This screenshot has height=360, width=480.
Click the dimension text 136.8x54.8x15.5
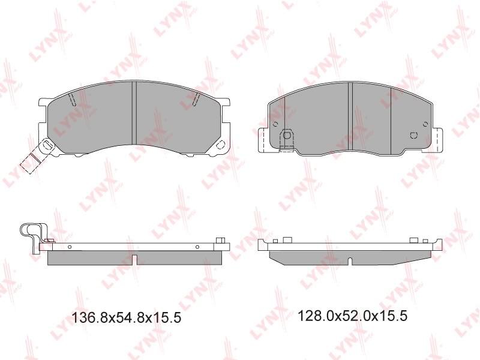click(126, 318)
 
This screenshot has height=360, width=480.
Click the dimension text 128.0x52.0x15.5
click(352, 316)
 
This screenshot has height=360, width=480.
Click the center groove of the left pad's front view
click(134, 113)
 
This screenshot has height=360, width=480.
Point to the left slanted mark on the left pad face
click(72, 99)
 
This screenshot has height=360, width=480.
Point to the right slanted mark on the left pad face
click(197, 99)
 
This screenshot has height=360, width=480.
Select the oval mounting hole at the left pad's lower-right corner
click(220, 145)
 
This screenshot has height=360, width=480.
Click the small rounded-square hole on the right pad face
click(413, 135)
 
